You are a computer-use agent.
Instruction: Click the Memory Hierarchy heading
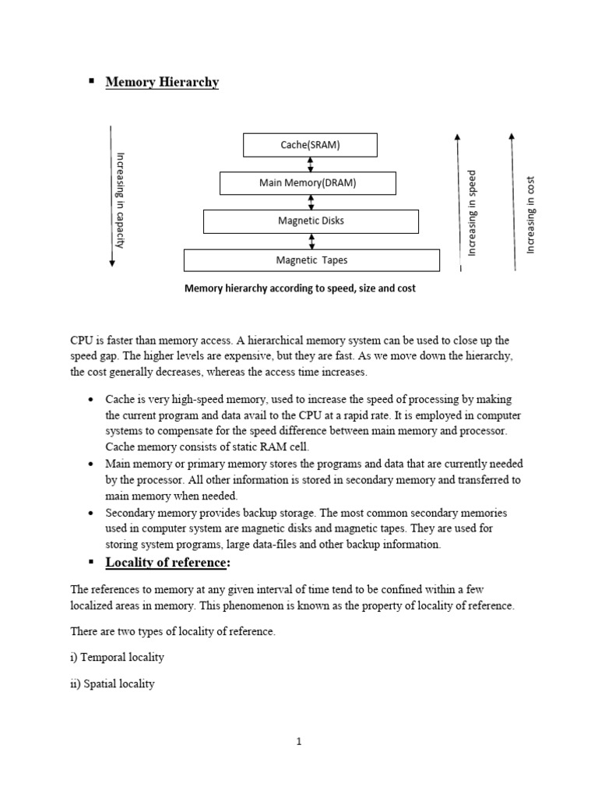[x=162, y=83]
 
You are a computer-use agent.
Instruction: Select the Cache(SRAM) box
[x=310, y=145]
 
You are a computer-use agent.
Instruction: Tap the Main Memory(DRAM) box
[x=308, y=183]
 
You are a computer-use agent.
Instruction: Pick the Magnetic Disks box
[x=311, y=221]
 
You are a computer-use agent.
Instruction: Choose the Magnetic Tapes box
[x=311, y=260]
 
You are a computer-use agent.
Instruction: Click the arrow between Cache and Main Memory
[x=311, y=164]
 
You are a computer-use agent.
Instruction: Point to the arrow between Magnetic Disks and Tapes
[x=311, y=241]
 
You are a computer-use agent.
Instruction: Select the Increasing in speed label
[x=472, y=212]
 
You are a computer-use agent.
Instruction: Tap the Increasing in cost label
[x=530, y=215]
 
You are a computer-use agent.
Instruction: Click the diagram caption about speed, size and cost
[x=300, y=288]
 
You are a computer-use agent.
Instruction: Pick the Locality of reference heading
[x=167, y=563]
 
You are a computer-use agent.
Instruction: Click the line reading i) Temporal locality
[x=118, y=657]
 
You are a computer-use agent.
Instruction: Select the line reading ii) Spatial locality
[x=113, y=684]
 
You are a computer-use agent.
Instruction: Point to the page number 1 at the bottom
[x=298, y=742]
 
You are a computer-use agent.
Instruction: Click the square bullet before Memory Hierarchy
[x=91, y=81]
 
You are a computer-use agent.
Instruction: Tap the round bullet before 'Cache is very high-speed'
[x=91, y=400]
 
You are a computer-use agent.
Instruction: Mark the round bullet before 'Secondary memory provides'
[x=91, y=514]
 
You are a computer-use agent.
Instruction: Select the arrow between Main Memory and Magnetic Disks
[x=311, y=203]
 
